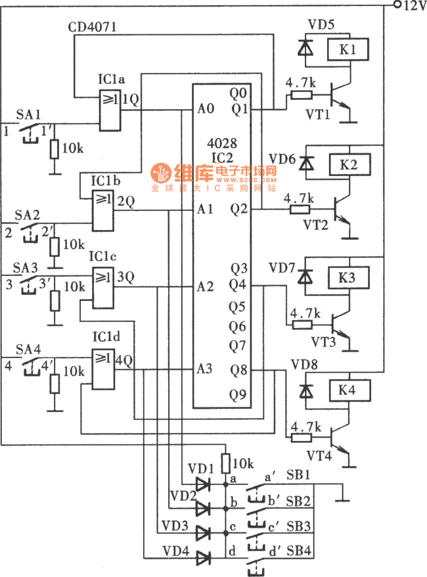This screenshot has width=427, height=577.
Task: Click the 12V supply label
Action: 412,6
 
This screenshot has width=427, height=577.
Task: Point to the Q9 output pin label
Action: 238,396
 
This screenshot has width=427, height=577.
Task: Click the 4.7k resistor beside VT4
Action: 303,438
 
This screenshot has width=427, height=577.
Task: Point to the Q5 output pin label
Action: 238,306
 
